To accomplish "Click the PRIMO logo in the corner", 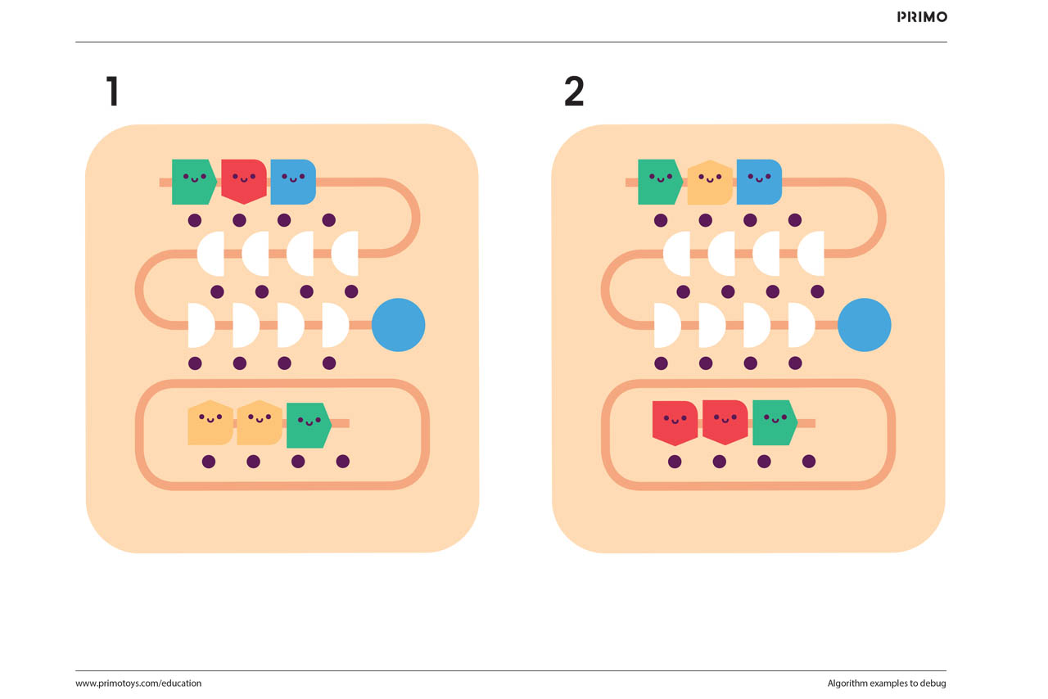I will click(922, 16).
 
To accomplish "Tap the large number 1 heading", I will click(113, 92).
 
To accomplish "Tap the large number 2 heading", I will click(574, 92).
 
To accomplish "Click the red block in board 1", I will click(243, 181).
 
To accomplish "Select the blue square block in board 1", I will click(292, 181).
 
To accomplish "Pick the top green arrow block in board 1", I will click(193, 181).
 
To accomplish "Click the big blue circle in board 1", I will click(398, 325).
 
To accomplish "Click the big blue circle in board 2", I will click(864, 325).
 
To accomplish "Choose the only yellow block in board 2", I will click(709, 182).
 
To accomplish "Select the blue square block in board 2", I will click(758, 181).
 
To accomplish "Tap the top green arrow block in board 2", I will click(659, 181).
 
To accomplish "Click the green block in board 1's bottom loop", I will click(308, 425).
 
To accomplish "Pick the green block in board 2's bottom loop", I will click(774, 422).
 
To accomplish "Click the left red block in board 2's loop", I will click(675, 422).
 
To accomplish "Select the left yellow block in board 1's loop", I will click(210, 422).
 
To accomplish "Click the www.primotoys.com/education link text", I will click(138, 683).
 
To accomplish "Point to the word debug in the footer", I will click(933, 683).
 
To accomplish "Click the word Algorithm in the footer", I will click(849, 683).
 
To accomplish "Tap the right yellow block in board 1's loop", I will click(259, 422).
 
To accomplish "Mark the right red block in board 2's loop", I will click(725, 422).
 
